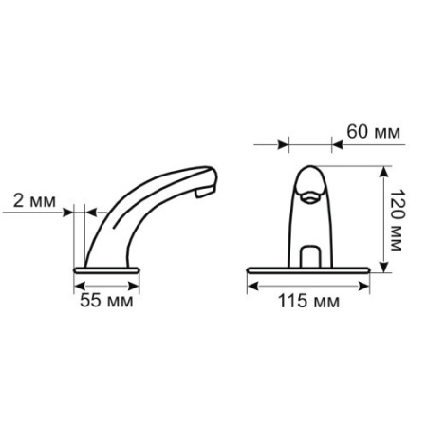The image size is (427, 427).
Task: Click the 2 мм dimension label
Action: (x=34, y=200)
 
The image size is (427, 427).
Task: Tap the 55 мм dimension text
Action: (x=106, y=300)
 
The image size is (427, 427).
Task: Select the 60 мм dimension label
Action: (x=373, y=132)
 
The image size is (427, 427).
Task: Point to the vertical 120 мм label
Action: (x=397, y=220)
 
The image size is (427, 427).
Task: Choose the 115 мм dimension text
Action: (x=308, y=301)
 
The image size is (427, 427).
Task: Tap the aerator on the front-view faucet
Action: (x=309, y=196)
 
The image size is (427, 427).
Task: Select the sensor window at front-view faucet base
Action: (x=310, y=256)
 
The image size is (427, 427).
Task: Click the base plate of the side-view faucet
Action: (x=106, y=270)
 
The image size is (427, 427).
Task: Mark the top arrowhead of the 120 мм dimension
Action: (x=383, y=172)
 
